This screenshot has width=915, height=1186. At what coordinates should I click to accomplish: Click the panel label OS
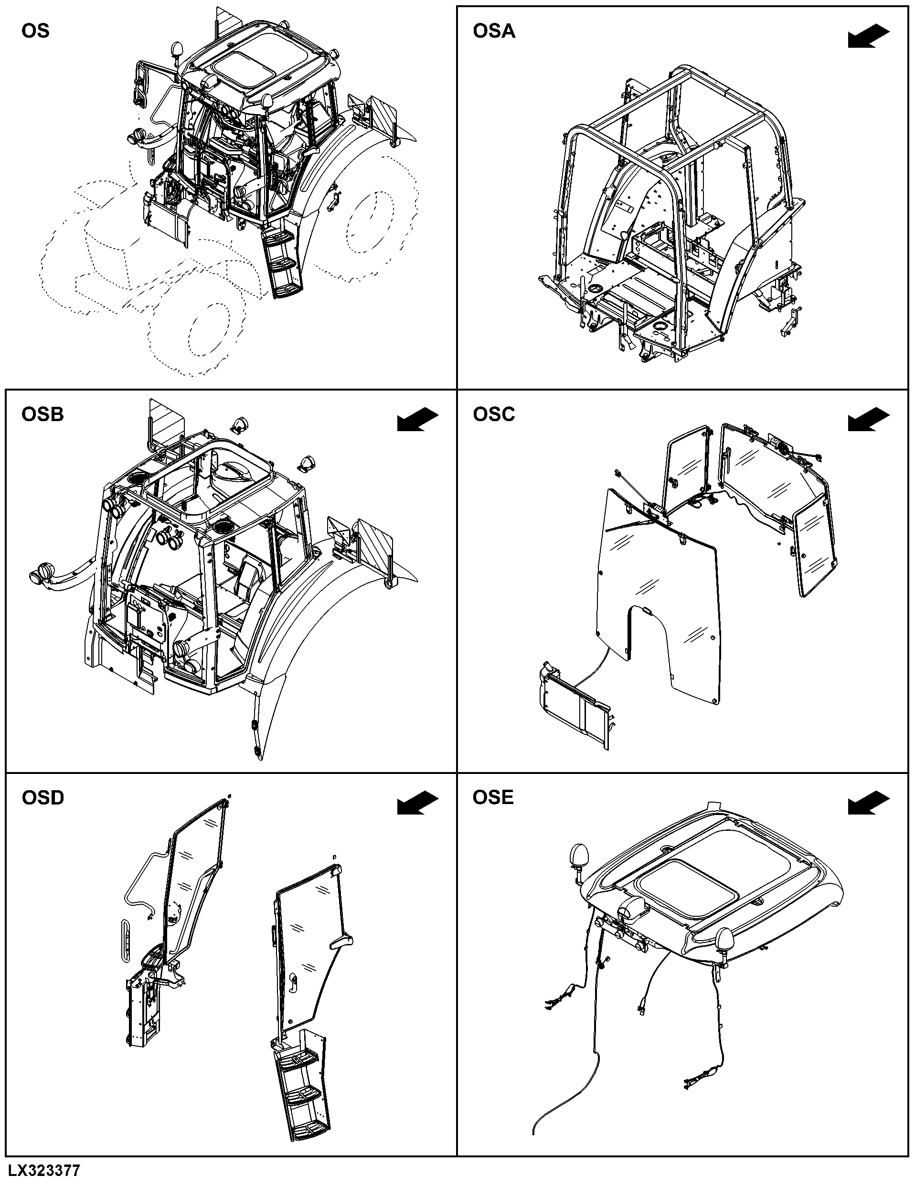(35, 31)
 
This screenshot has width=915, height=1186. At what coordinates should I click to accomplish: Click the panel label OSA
(494, 31)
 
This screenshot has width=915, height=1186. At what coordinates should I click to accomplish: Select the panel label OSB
(43, 414)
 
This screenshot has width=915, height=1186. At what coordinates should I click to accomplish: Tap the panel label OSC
(494, 414)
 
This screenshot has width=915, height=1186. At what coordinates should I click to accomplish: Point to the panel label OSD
(43, 798)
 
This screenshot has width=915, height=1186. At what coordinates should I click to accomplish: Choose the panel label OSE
(493, 797)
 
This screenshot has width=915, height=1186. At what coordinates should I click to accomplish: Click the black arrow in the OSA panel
(869, 37)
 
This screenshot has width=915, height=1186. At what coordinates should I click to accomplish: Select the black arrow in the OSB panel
(417, 420)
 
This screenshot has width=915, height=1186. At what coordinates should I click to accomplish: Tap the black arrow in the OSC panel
(869, 420)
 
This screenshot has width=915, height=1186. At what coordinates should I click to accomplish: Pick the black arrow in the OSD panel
(417, 803)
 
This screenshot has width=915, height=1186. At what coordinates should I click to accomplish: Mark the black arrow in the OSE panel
(869, 803)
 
